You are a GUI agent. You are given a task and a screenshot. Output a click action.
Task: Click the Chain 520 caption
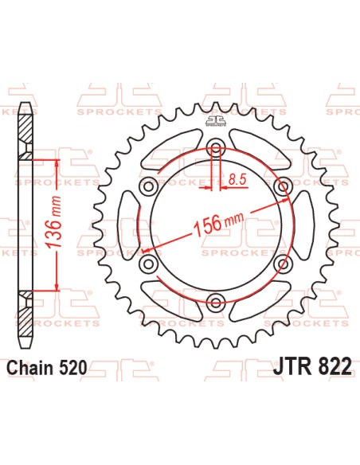[x=47, y=368]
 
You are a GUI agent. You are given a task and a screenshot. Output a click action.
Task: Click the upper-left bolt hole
[x=147, y=186]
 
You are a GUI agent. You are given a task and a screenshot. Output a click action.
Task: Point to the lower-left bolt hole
[x=147, y=262]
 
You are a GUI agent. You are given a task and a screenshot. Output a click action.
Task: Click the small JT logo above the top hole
[x=213, y=122]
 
